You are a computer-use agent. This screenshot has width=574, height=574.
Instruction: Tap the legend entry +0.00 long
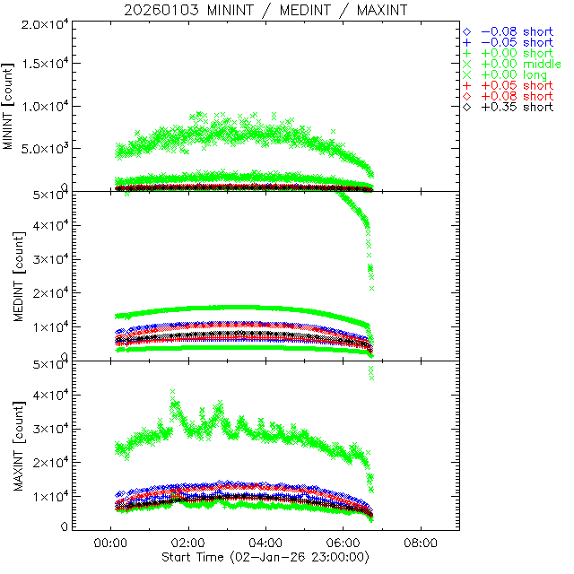[x=514, y=74]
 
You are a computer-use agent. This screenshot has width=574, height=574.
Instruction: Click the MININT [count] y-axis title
[x=9, y=106]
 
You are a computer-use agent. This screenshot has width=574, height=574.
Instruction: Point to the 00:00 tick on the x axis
[x=109, y=543]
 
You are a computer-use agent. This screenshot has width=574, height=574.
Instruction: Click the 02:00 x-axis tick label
[x=187, y=543]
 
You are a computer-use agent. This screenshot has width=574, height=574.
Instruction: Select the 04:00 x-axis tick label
[x=265, y=543]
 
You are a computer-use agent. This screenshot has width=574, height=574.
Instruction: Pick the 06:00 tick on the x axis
[x=344, y=543]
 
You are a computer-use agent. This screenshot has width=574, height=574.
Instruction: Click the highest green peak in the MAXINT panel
[x=173, y=392]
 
